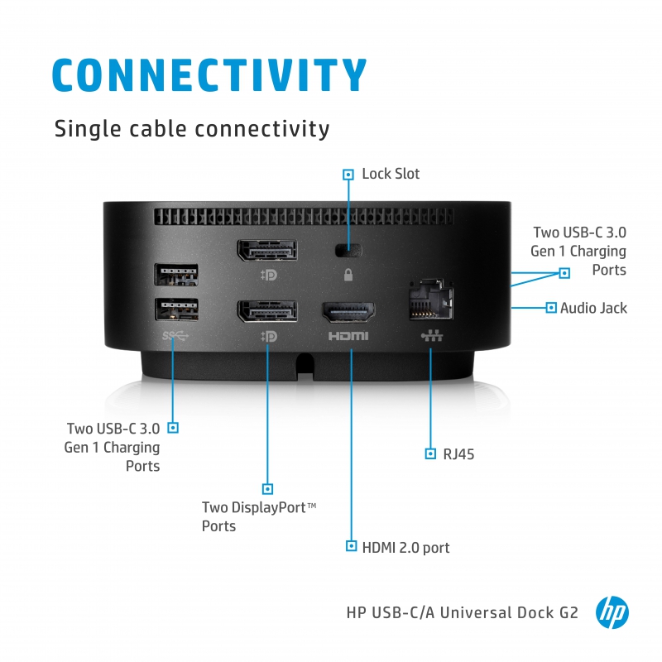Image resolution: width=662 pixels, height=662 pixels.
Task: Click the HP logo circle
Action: (x=612, y=613)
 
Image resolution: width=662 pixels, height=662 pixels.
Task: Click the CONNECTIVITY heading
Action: (x=209, y=74)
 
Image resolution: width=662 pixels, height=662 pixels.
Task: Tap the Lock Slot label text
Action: (x=391, y=174)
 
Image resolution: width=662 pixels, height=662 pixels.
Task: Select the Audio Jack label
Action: (x=593, y=308)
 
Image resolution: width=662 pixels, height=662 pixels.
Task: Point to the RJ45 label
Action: (x=458, y=453)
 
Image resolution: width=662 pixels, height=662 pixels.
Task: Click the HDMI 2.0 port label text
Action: (x=405, y=547)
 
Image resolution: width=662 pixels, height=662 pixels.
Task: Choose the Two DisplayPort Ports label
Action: (x=259, y=516)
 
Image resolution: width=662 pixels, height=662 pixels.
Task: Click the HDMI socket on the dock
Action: (x=348, y=313)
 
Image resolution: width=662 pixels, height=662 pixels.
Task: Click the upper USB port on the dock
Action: (x=176, y=275)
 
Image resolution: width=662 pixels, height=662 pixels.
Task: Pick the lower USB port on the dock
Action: (x=176, y=309)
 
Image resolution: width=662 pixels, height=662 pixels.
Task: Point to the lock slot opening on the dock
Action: (x=348, y=249)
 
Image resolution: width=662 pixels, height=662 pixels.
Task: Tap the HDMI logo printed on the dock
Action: (x=348, y=337)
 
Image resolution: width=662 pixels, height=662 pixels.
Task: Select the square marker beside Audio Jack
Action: (x=551, y=308)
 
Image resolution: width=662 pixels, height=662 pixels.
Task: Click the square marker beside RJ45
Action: (x=430, y=453)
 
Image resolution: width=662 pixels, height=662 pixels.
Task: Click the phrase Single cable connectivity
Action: (x=191, y=129)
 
